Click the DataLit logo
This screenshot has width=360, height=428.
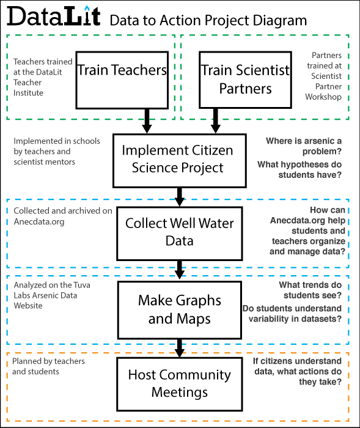(x=54, y=16)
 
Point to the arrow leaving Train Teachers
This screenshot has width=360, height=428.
(x=147, y=121)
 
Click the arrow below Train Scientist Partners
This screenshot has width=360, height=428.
(x=216, y=121)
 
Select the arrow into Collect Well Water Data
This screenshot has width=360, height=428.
(x=179, y=197)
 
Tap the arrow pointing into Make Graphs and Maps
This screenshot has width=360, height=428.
(x=179, y=270)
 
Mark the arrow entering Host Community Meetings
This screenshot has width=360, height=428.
(x=179, y=349)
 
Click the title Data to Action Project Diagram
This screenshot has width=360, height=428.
(x=208, y=21)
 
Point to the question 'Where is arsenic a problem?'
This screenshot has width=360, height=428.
(x=304, y=146)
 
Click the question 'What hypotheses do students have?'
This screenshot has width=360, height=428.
(x=299, y=169)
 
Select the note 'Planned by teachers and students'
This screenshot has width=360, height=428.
(x=48, y=366)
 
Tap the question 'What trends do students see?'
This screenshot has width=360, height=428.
(x=310, y=290)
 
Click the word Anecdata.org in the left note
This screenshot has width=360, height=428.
(x=39, y=221)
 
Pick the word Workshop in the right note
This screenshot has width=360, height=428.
(x=323, y=97)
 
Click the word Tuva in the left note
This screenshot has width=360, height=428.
(x=82, y=285)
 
